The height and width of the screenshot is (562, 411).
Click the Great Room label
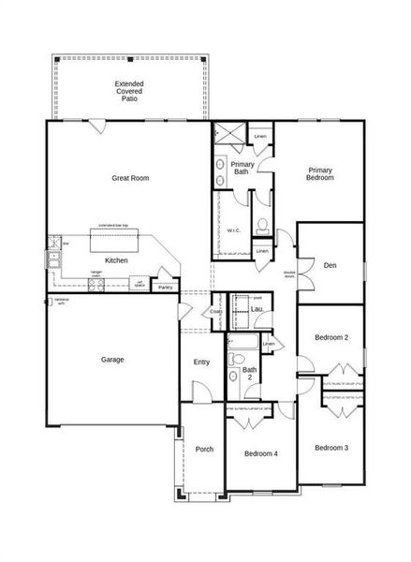(x=130, y=178)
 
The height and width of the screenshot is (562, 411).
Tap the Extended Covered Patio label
(x=129, y=91)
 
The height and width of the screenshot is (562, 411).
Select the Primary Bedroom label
(x=320, y=173)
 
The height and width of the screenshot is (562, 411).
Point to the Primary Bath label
(x=241, y=168)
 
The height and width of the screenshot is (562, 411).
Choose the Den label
(x=330, y=265)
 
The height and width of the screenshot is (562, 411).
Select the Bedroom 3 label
(x=331, y=448)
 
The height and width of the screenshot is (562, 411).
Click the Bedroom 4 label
(x=261, y=453)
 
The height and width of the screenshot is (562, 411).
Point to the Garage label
(x=112, y=359)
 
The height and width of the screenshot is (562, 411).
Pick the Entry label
(x=202, y=362)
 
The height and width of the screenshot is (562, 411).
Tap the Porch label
(x=204, y=449)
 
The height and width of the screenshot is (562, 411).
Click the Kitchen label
(x=116, y=260)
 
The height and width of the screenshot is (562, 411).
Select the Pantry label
(x=165, y=288)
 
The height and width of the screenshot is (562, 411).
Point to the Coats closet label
(x=215, y=312)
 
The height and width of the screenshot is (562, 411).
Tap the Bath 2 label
(x=249, y=374)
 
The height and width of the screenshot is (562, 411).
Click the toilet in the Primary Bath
(x=263, y=225)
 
